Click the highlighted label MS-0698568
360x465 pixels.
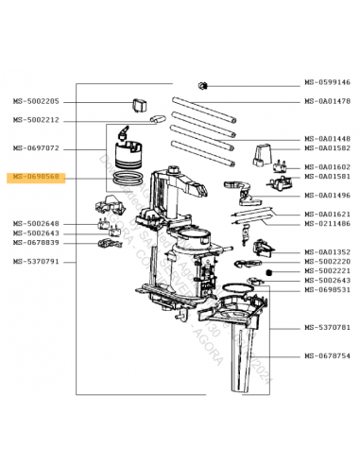[35, 177]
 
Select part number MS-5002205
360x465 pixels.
[35, 101]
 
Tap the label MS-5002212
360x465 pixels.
[35, 120]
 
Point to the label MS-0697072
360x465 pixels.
[35, 148]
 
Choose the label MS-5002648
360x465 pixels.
[35, 223]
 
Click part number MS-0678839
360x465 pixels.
[35, 243]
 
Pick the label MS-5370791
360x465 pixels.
[35, 262]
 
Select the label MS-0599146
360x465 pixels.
[327, 82]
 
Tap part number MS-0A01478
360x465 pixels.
[327, 101]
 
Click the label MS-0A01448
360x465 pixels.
[327, 139]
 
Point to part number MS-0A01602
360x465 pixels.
[327, 167]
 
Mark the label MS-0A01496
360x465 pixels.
[327, 196]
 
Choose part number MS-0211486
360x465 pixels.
[327, 224]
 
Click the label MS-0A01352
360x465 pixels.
[327, 252]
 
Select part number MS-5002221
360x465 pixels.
[327, 271]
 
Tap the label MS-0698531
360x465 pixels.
[327, 290]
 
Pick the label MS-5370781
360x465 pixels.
[327, 328]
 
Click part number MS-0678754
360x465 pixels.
[327, 356]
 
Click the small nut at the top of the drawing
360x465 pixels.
[201, 86]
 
